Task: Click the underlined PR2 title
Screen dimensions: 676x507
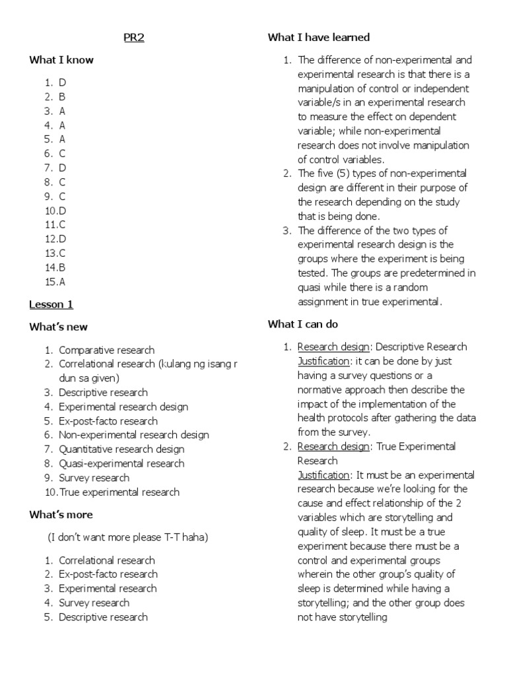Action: pyautogui.click(x=134, y=38)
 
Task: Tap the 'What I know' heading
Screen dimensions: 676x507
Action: pyautogui.click(x=61, y=60)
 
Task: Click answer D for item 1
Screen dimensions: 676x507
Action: pyautogui.click(x=63, y=83)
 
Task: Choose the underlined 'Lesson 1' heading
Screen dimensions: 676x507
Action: pyautogui.click(x=51, y=304)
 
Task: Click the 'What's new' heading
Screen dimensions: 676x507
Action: pyautogui.click(x=58, y=327)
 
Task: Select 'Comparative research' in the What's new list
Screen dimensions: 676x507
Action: pyautogui.click(x=106, y=350)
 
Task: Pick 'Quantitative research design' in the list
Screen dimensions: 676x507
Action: pyautogui.click(x=121, y=450)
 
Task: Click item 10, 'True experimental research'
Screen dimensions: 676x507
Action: pyautogui.click(x=119, y=492)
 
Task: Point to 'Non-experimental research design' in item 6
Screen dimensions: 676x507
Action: pyautogui.click(x=134, y=435)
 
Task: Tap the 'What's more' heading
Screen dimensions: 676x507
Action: pyautogui.click(x=61, y=514)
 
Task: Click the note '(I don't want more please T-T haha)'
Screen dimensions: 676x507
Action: pyautogui.click(x=127, y=537)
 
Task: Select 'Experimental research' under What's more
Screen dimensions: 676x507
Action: pyautogui.click(x=108, y=589)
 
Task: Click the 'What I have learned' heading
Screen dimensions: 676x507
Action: pyautogui.click(x=319, y=38)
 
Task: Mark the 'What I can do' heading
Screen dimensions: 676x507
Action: pyautogui.click(x=302, y=324)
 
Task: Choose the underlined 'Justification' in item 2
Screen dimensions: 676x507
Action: pyautogui.click(x=323, y=475)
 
